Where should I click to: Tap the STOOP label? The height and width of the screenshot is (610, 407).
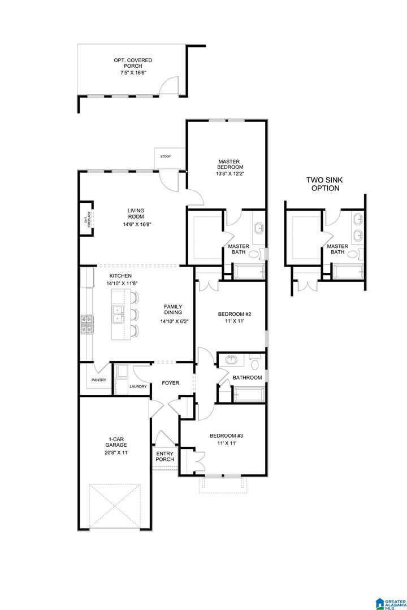click(164, 156)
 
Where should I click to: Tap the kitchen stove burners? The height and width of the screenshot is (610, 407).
click(88, 324)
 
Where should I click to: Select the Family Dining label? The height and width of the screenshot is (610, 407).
click(172, 310)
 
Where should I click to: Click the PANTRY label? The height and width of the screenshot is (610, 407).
click(99, 380)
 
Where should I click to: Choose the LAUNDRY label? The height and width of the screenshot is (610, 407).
click(138, 386)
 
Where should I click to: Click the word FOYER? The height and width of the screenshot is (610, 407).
click(170, 383)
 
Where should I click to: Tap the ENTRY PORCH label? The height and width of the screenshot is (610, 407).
click(165, 456)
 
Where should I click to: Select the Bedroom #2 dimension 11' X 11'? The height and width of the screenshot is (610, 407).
click(234, 321)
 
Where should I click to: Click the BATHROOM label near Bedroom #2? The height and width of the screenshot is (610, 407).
click(247, 377)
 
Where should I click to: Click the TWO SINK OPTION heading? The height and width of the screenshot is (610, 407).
click(324, 184)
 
